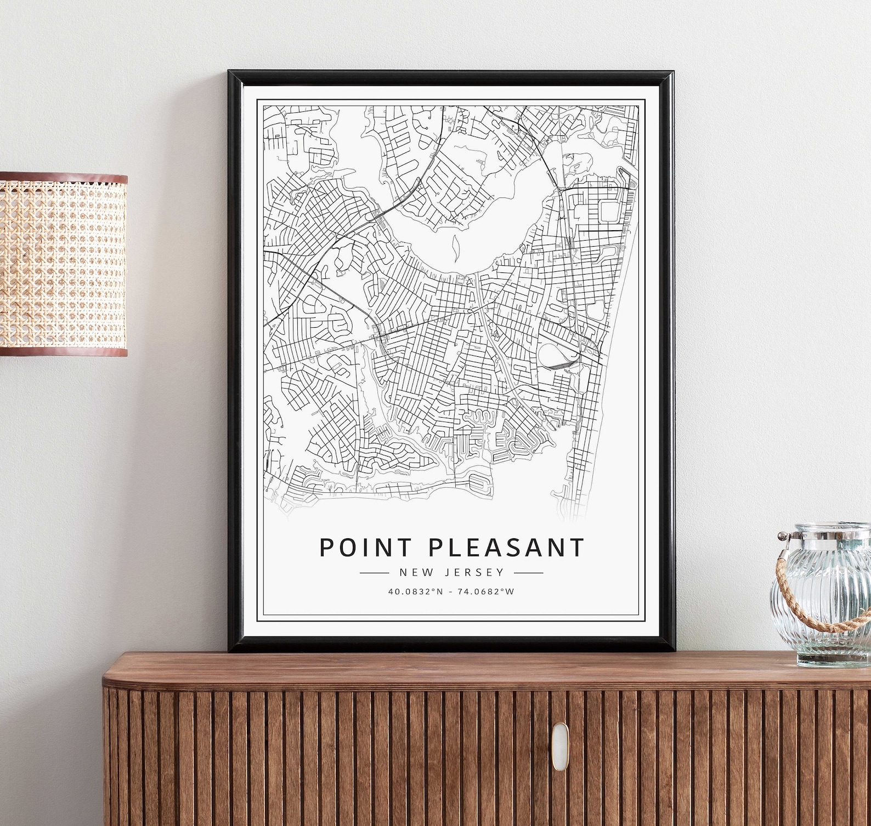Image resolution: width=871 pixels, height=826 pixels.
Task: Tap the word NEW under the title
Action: point(414,573)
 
